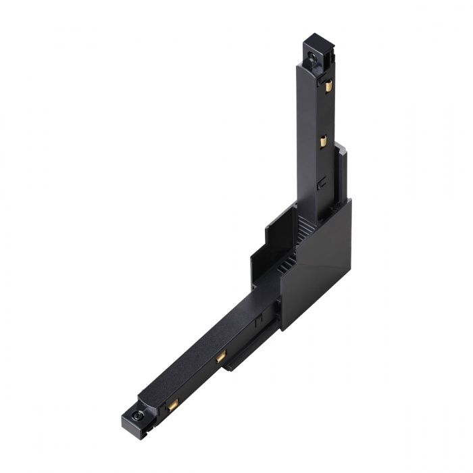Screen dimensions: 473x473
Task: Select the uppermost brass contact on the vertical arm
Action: coord(328,86)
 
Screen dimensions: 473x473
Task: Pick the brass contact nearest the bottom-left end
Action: coord(173,405)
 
